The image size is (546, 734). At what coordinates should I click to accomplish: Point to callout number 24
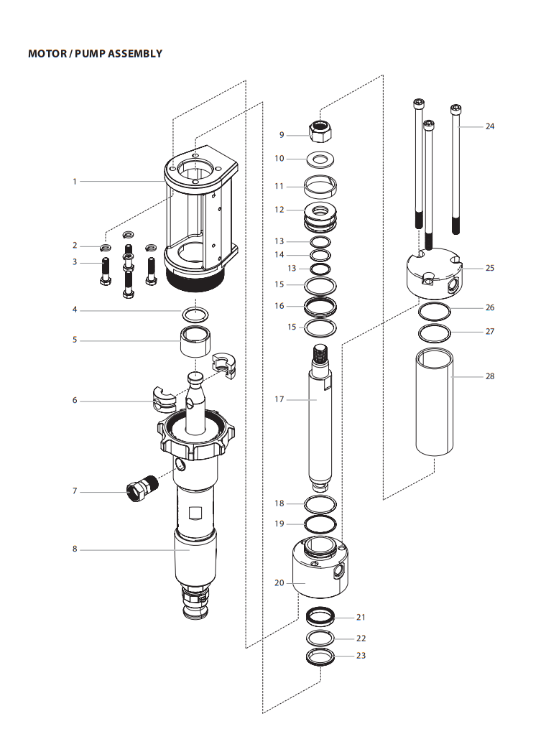pos(490,126)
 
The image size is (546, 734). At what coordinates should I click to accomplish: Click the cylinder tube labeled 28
pos(435,402)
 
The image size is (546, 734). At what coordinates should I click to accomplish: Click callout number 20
pos(279,582)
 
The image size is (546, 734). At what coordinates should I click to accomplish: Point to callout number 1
pos(74,182)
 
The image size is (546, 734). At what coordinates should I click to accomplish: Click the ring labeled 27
pos(435,333)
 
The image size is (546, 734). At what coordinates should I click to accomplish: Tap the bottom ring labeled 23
pos(320,656)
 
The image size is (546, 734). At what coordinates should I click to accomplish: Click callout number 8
pos(74,549)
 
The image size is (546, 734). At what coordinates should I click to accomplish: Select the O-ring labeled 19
pos(320,523)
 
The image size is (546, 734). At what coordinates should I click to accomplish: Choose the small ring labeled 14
pos(320,255)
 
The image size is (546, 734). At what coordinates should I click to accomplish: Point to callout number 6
pos(74,401)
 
